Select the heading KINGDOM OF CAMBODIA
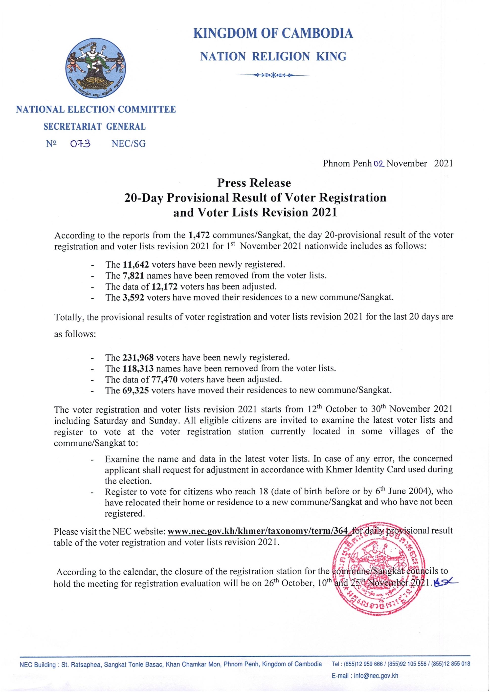coord(273,33)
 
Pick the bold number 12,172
coord(164,286)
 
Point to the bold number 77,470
coord(164,379)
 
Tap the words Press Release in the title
coord(254,183)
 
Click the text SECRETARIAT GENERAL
coord(94,127)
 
